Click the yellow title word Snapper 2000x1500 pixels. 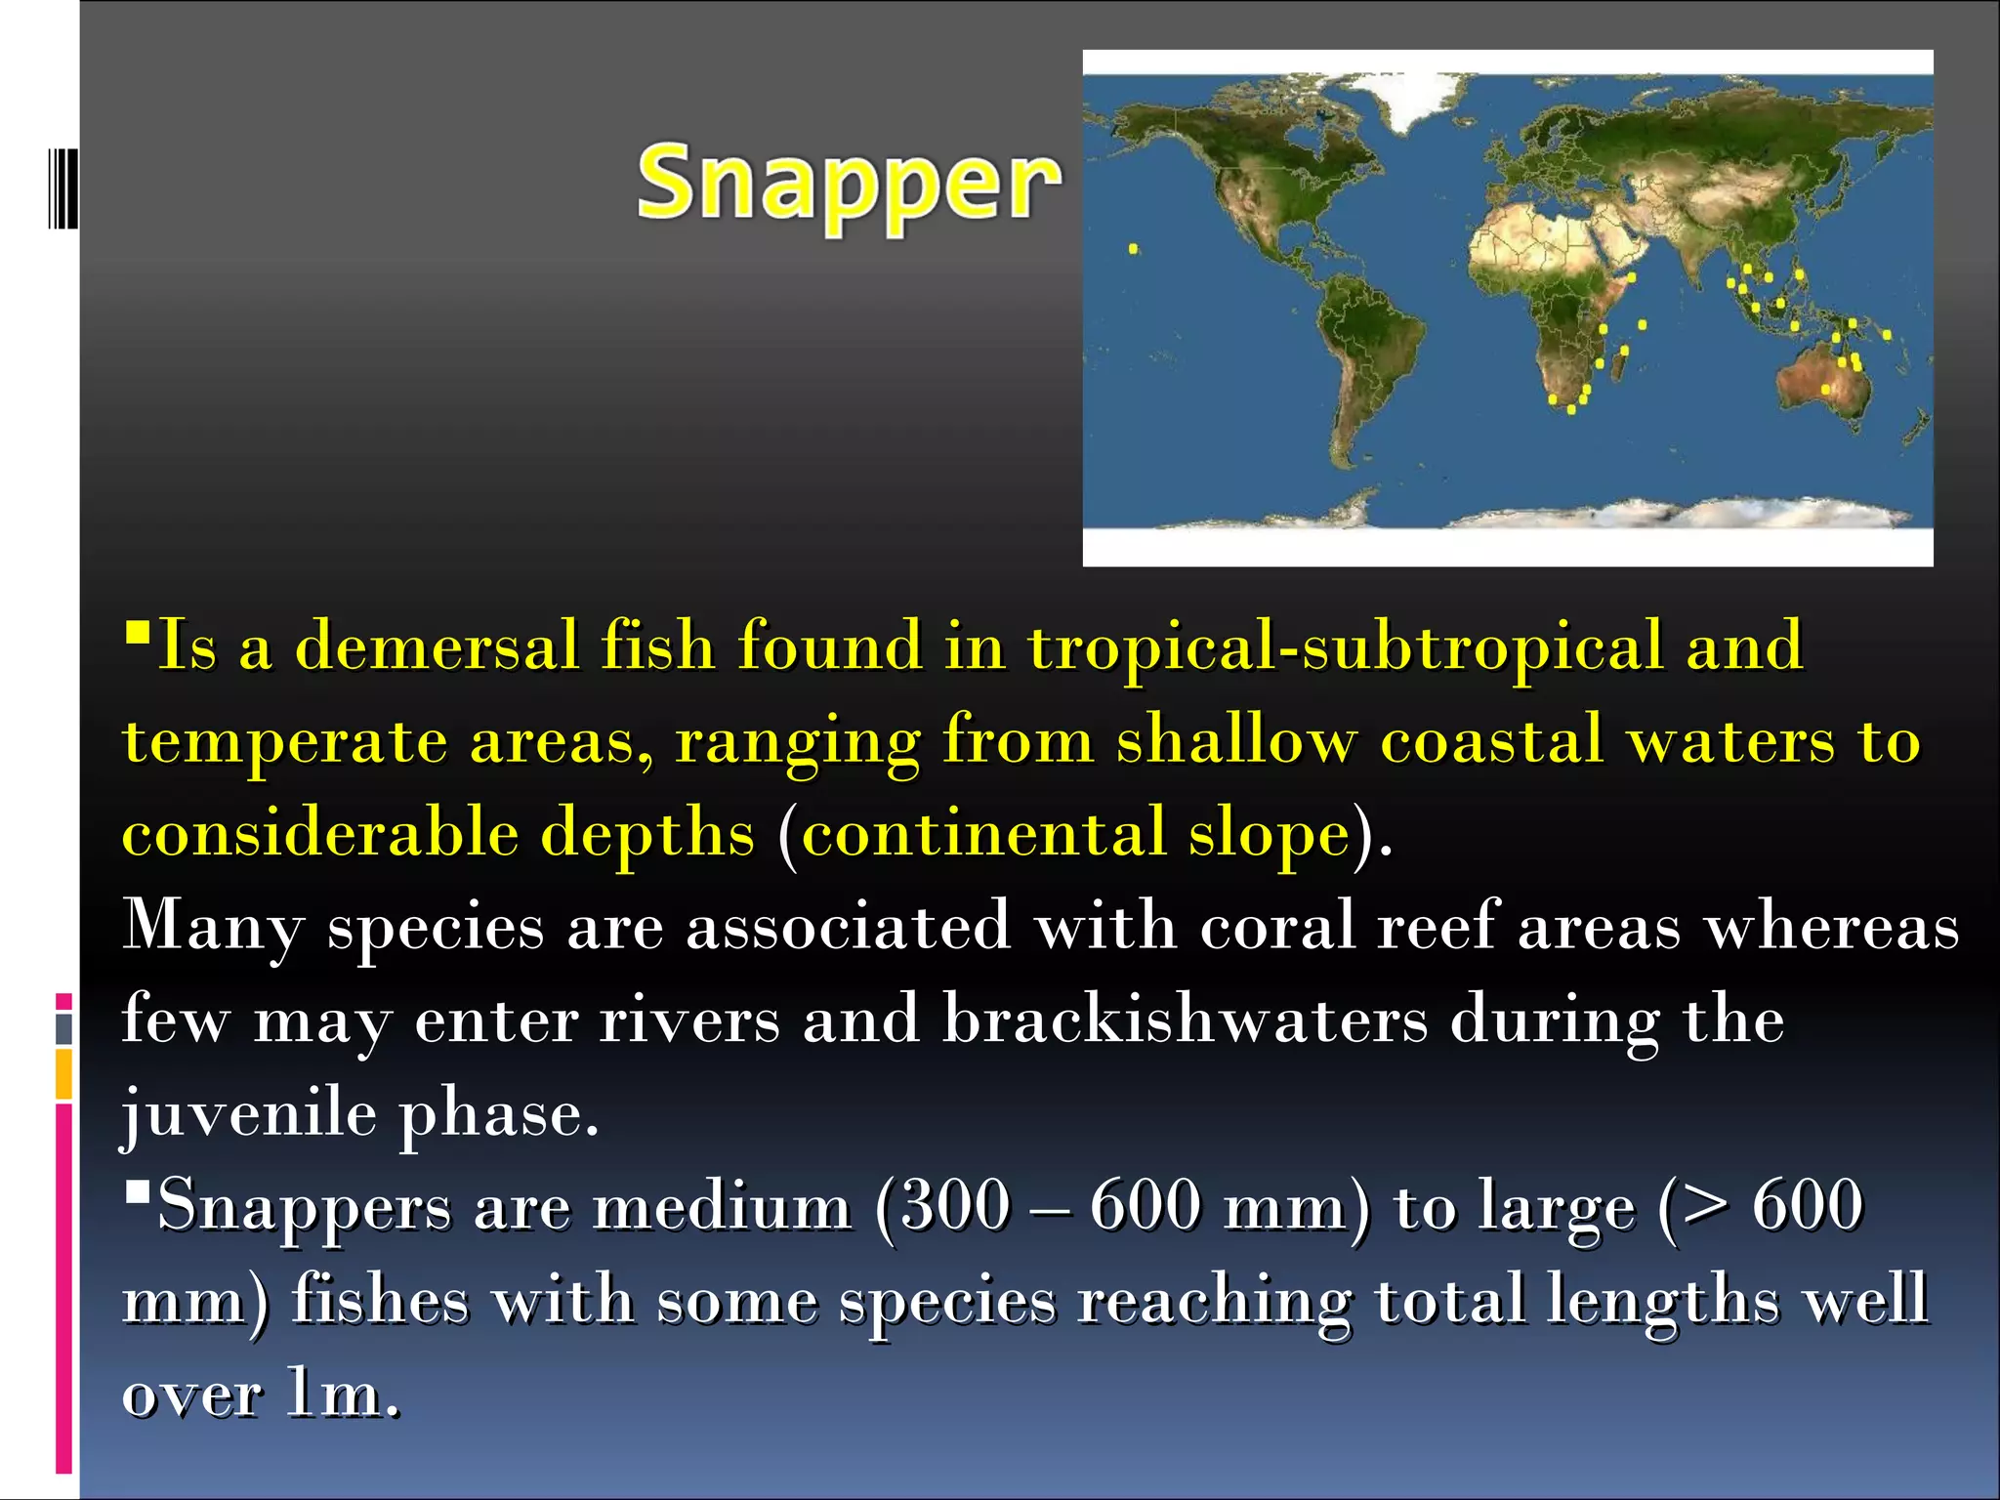point(848,184)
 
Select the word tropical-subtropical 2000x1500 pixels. point(1346,647)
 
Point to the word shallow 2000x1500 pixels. point(1236,739)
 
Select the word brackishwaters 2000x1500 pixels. point(1185,1019)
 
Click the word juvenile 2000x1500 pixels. point(249,1114)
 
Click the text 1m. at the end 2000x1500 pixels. point(343,1394)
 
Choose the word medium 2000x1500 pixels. point(723,1207)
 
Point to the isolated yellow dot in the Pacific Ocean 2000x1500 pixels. point(1133,249)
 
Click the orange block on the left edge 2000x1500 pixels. point(63,1074)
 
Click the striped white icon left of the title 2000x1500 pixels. point(62,187)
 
